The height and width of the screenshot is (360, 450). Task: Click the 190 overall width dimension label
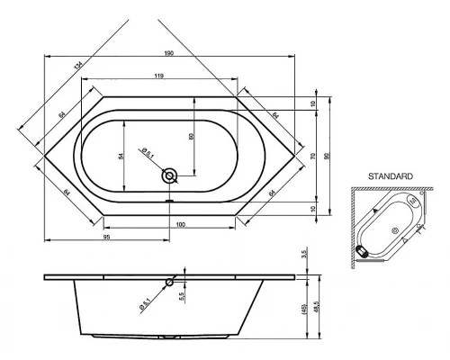[x=169, y=53]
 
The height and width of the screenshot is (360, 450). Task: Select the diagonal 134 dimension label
[x=78, y=66]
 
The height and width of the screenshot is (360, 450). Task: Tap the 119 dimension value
[x=159, y=76]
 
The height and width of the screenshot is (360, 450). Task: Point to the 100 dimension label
[x=181, y=224]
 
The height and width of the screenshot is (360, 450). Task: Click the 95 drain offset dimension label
[x=107, y=237]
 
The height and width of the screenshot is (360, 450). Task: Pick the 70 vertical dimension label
[x=313, y=156]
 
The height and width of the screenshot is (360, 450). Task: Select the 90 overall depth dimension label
[x=327, y=156]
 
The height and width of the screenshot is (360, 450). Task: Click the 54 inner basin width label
[x=121, y=156]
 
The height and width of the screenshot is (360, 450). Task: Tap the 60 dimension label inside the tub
[x=192, y=136]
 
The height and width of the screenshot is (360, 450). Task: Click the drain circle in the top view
[x=169, y=175]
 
